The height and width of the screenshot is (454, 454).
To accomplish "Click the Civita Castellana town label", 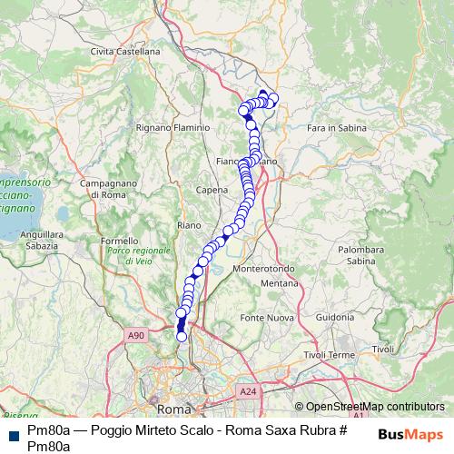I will [x=125, y=52].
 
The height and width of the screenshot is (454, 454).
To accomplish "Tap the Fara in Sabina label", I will [x=337, y=129].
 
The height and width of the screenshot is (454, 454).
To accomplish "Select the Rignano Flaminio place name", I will [x=173, y=128].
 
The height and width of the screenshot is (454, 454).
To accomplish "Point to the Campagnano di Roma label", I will [x=108, y=189].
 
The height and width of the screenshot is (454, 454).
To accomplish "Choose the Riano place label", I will [x=189, y=224].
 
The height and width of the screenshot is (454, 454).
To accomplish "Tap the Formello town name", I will [x=119, y=241].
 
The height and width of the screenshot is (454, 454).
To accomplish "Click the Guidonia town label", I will [x=335, y=317].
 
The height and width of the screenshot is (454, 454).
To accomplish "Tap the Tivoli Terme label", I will [x=329, y=354].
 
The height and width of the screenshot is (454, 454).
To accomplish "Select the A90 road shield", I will [x=136, y=336].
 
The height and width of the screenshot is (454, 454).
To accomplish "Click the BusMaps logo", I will [x=410, y=435].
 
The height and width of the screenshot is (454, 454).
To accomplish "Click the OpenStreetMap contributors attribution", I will [x=374, y=408].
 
